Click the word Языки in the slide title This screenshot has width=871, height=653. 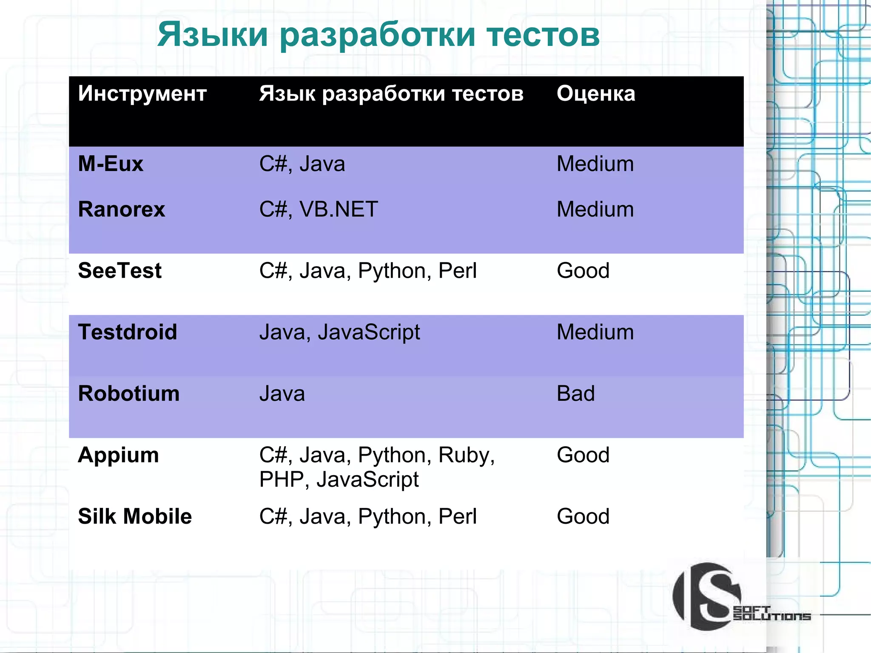[x=212, y=35]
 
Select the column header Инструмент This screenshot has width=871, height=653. [x=142, y=94]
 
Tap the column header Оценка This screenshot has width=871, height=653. [x=595, y=94]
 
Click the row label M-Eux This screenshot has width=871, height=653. [x=111, y=164]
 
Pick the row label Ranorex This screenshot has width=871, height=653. [x=121, y=210]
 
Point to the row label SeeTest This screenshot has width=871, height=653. [x=120, y=271]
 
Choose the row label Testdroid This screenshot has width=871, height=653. [x=127, y=332]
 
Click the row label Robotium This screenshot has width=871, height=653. [x=128, y=394]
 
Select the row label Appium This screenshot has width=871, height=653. [x=118, y=455]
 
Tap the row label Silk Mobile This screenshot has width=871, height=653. [x=135, y=517]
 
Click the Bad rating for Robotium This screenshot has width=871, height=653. [x=575, y=394]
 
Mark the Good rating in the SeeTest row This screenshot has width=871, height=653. [x=583, y=271]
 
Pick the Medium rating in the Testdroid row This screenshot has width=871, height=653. [x=595, y=332]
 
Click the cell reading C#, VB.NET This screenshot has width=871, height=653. [x=318, y=210]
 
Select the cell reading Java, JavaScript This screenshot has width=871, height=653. [x=339, y=332]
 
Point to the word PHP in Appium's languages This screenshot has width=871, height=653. [x=281, y=480]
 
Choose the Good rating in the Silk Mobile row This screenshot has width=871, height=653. [x=583, y=517]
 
